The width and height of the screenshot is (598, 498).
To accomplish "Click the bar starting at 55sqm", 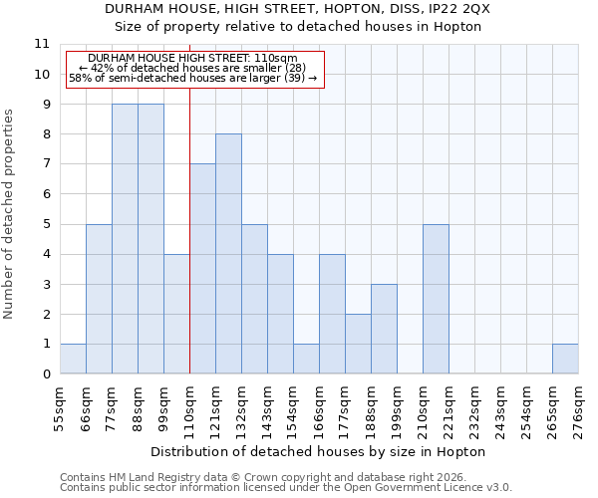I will point(73,359).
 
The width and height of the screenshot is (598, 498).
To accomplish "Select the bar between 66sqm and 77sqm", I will point(99,299).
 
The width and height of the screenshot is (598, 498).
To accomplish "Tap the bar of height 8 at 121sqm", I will point(228,254).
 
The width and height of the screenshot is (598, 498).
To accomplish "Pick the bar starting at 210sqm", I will point(436,299).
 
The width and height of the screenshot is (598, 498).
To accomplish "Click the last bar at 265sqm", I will point(565,359).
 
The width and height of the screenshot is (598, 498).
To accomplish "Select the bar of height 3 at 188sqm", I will point(384,329).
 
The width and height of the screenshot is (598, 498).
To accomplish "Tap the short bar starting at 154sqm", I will point(306,359).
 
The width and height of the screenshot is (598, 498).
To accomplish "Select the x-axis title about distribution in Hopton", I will point(319,451).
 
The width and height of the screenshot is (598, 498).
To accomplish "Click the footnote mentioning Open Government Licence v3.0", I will point(286,488).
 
